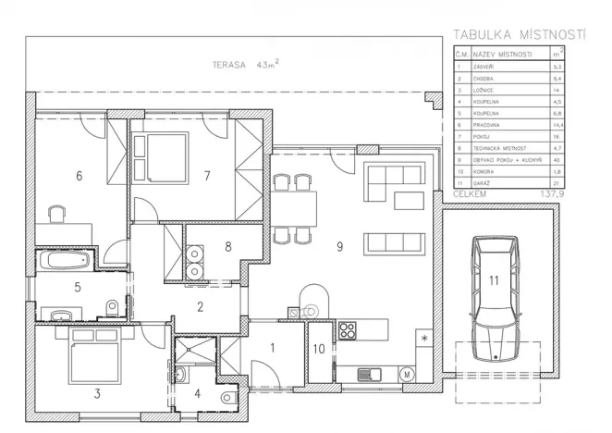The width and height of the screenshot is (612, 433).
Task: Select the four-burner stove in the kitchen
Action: pos(349,330)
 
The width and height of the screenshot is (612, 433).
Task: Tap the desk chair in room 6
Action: pos(57,214)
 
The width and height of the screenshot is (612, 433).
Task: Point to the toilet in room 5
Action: pos(112,306)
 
